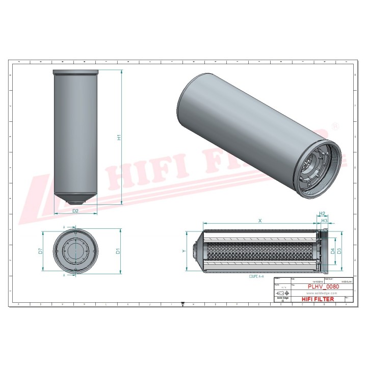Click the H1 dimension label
(119, 137)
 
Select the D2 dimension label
(75, 210)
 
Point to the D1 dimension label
(118, 251)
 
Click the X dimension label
(260, 221)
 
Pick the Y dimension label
(183, 251)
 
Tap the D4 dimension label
(332, 251)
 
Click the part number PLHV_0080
(321, 286)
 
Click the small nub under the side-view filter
(76, 202)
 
